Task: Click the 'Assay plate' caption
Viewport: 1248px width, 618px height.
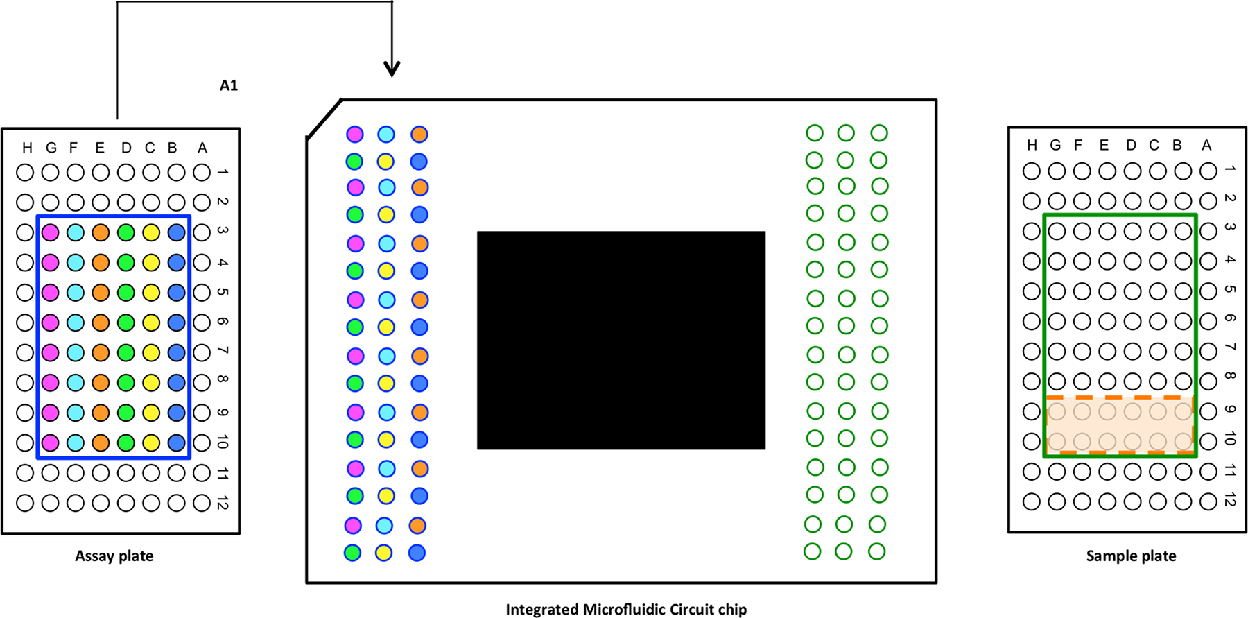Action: pyautogui.click(x=114, y=556)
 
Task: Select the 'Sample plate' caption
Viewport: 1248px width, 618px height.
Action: pyautogui.click(x=1131, y=556)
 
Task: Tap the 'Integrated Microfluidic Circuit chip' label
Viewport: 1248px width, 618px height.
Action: pyautogui.click(x=626, y=610)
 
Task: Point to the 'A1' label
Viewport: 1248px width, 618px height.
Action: pyautogui.click(x=228, y=85)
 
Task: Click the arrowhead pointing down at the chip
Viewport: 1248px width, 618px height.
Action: pyautogui.click(x=392, y=68)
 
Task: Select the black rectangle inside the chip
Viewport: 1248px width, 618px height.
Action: pyautogui.click(x=621, y=340)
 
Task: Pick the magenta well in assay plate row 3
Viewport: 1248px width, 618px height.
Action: pyautogui.click(x=50, y=232)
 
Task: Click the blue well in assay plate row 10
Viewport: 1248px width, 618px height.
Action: pyautogui.click(x=177, y=443)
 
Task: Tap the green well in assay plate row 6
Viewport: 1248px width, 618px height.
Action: pyautogui.click(x=125, y=323)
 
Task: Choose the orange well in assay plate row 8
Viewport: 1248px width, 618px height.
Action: pyautogui.click(x=101, y=382)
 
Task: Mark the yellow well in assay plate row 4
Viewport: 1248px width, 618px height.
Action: pyautogui.click(x=151, y=263)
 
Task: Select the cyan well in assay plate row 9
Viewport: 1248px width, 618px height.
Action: pyautogui.click(x=76, y=413)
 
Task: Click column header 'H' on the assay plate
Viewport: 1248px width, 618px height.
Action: pyautogui.click(x=27, y=148)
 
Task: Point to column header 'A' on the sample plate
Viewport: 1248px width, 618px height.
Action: pyautogui.click(x=1206, y=145)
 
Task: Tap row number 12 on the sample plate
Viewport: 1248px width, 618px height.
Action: pyautogui.click(x=1230, y=499)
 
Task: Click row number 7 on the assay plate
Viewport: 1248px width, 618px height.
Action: pyautogui.click(x=223, y=352)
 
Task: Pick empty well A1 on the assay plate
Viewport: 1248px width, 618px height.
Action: pyautogui.click(x=202, y=172)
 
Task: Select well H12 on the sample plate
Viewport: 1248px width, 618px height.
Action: pyautogui.click(x=1032, y=501)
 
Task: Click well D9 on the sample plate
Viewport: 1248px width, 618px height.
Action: pyautogui.click(x=1132, y=411)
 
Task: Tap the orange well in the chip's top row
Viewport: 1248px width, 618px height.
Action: pyautogui.click(x=419, y=135)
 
